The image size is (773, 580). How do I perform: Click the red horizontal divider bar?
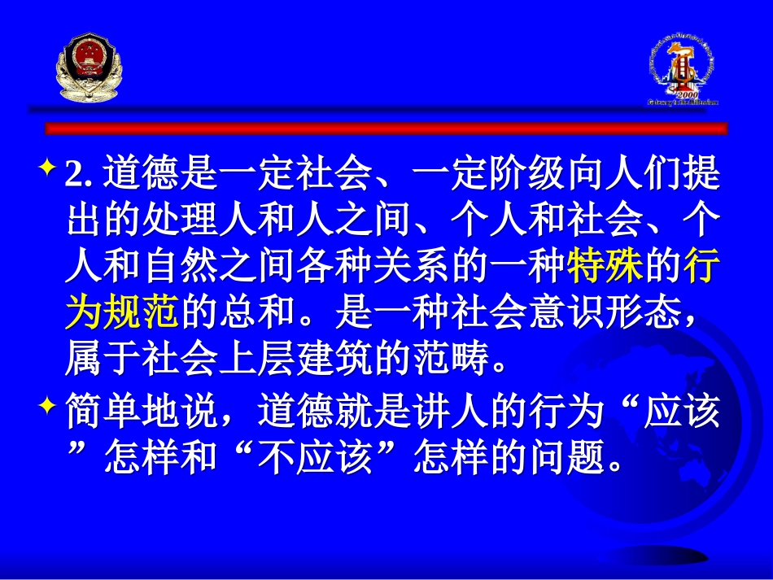pos(386,128)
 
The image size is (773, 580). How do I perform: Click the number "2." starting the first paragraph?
pos(81,175)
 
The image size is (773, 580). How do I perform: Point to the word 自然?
pos(180,267)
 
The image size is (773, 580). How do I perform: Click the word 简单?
pos(103,416)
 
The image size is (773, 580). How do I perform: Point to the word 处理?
pos(180,220)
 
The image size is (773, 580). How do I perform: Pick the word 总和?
pos(257,313)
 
